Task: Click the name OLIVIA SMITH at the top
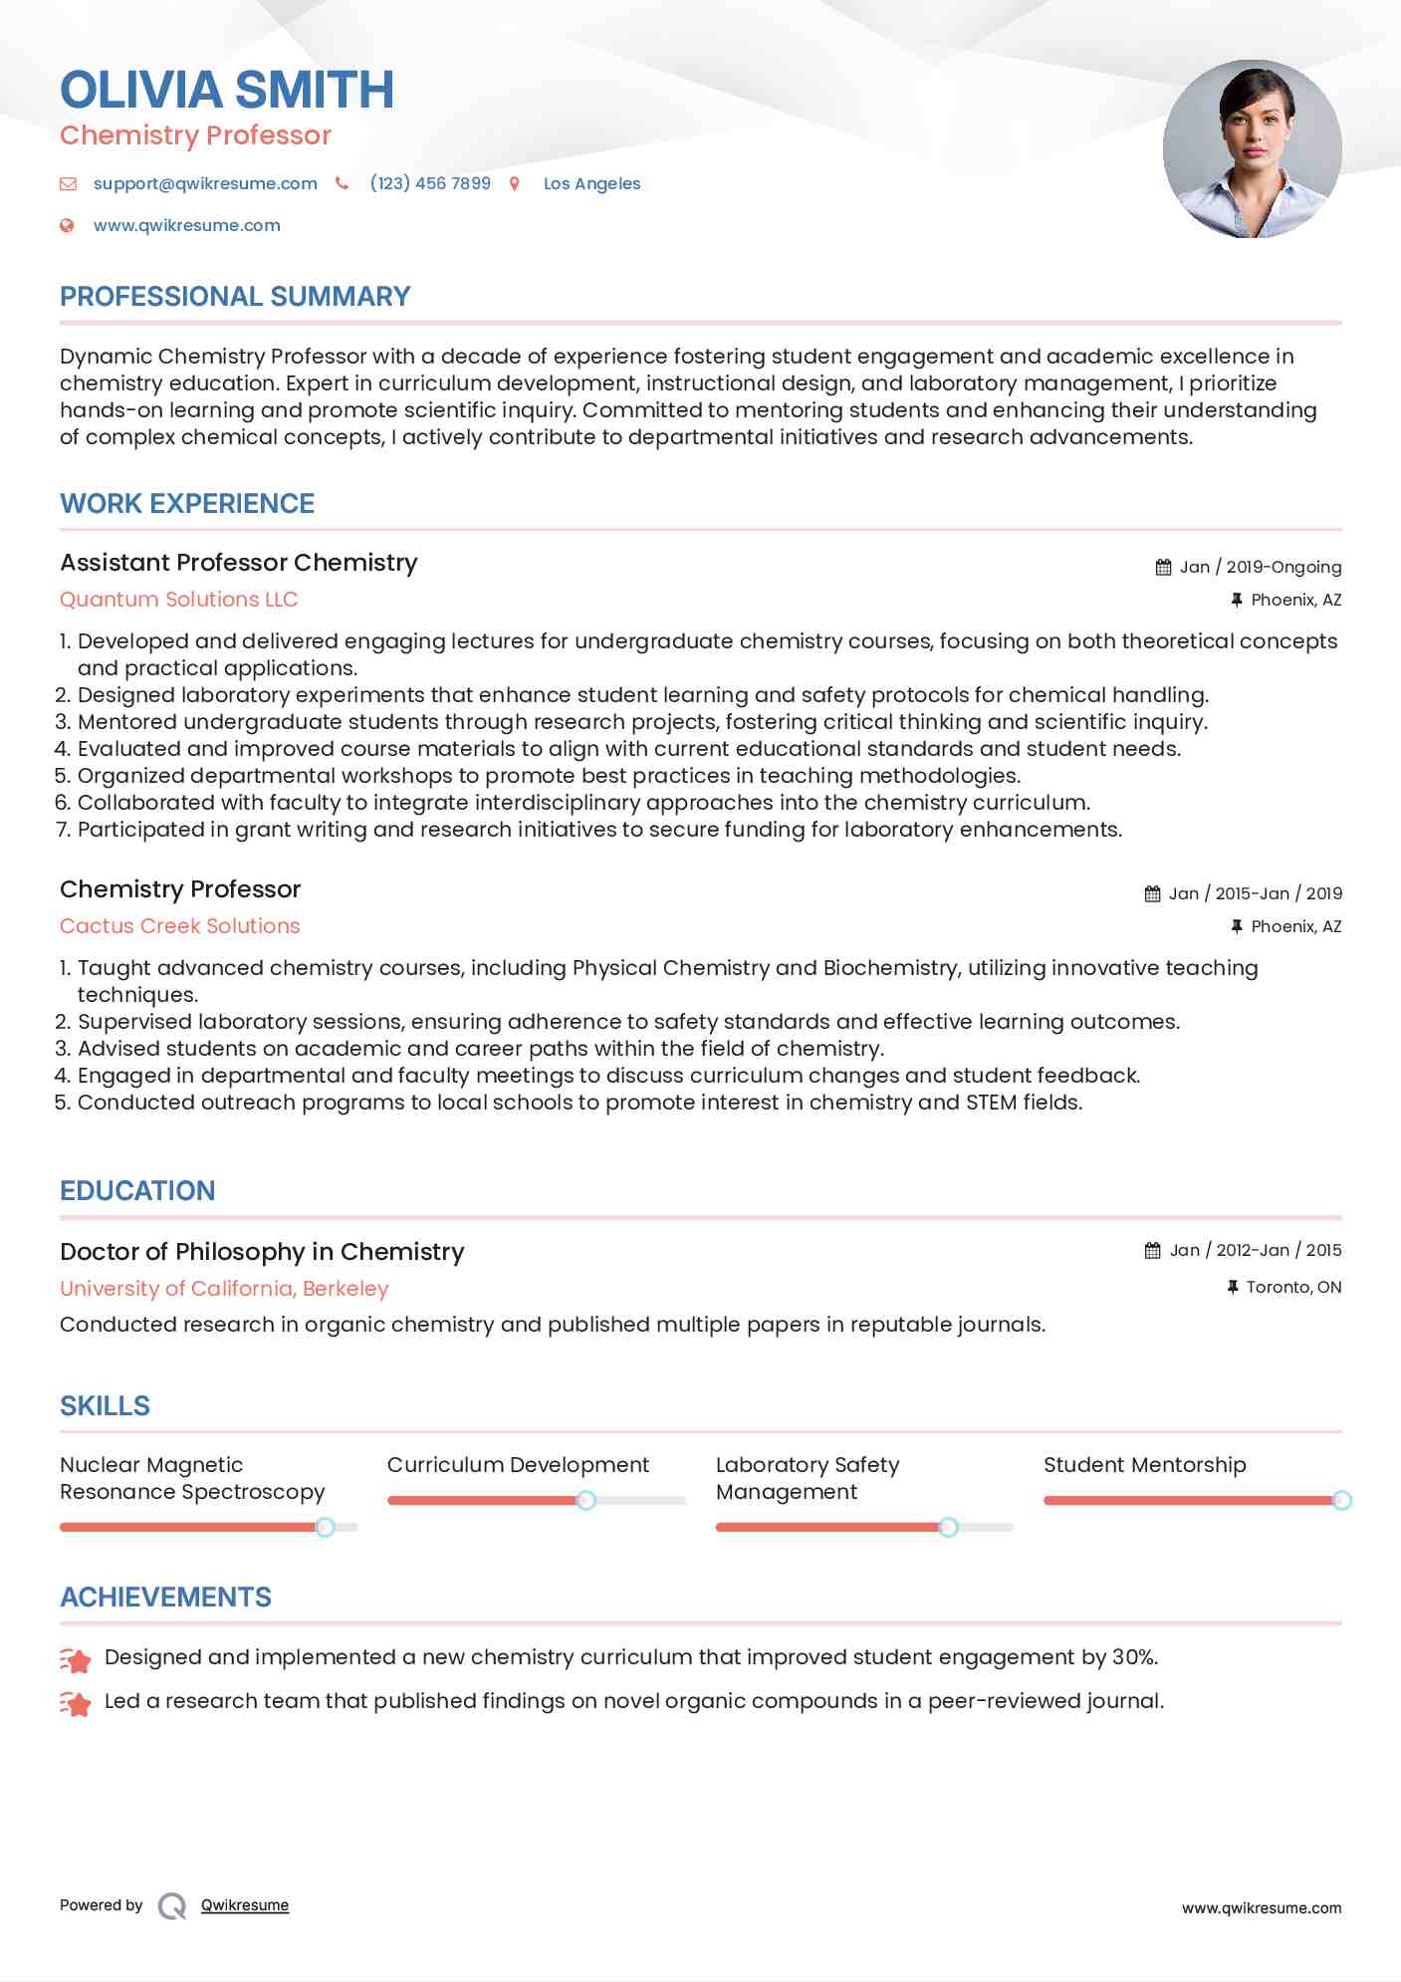pos(227,90)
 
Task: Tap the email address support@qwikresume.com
pos(205,183)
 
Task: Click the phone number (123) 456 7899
pos(430,183)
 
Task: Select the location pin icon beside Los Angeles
pos(515,183)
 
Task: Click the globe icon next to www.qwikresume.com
pos(67,225)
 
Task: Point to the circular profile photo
pos(1252,148)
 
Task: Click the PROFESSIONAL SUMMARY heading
pos(235,297)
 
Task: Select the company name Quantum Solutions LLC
pos(179,600)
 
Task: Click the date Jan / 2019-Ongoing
pos(1260,567)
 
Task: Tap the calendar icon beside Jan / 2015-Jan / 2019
pos(1152,893)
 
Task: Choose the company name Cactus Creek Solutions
pos(180,926)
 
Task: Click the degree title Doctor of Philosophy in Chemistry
pos(262,1252)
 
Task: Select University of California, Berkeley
pos(224,1289)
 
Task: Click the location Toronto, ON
pos(1293,1287)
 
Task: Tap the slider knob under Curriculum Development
pos(586,1500)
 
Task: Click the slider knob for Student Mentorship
pos(1341,1500)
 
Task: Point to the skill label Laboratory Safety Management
pos(807,1478)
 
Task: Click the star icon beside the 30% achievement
pos(76,1659)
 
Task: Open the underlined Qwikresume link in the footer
pos(245,1905)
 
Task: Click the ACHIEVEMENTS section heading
pos(165,1598)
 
